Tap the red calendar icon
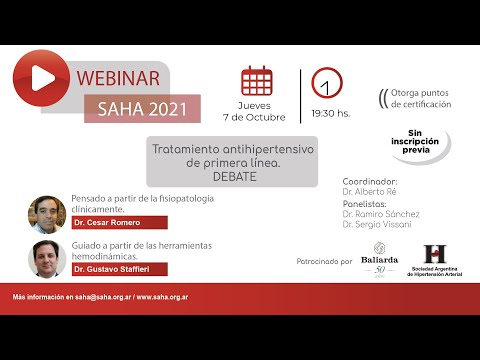[x=258, y=80]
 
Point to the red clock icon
[x=327, y=81]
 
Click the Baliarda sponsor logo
[x=380, y=258]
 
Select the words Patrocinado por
[x=324, y=262]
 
